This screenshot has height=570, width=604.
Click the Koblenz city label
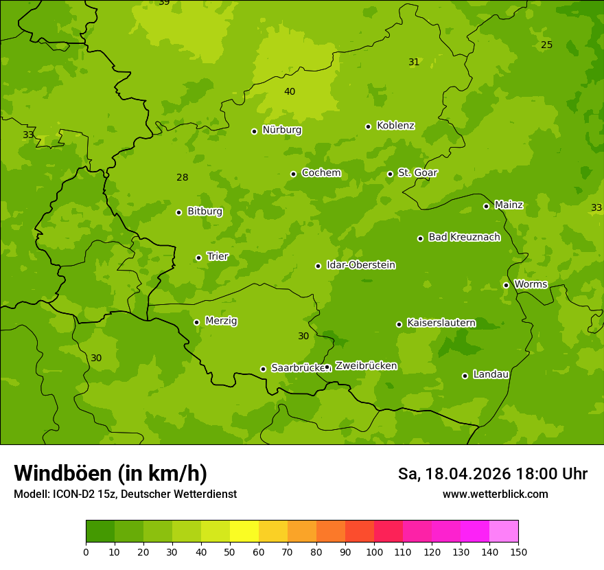(395, 126)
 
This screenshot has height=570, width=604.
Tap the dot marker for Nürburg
(254, 131)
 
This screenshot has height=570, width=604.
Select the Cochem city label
(321, 173)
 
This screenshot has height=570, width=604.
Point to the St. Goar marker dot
(390, 174)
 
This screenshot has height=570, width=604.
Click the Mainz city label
(509, 205)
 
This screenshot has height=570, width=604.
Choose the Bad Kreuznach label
(464, 237)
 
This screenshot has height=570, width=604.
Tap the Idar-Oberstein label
(360, 265)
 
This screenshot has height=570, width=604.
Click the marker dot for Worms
(506, 285)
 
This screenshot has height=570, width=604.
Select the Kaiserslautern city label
(441, 323)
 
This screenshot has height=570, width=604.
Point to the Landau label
(491, 374)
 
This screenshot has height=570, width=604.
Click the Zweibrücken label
(366, 366)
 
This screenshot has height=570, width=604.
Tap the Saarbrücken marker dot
(263, 369)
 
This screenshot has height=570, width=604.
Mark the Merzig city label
(221, 321)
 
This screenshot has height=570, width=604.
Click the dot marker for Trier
(198, 258)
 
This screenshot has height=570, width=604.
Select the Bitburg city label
(205, 212)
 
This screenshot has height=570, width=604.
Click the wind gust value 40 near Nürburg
(290, 91)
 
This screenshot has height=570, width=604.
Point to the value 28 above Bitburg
(182, 177)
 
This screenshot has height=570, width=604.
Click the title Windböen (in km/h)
(111, 473)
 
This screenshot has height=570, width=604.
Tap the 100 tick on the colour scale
(374, 551)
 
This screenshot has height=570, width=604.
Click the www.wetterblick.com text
(495, 494)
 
